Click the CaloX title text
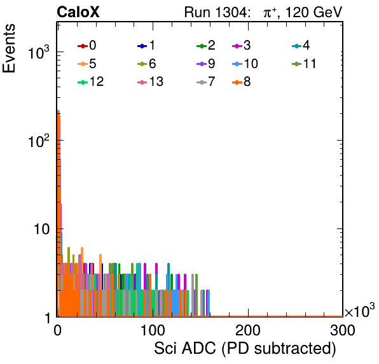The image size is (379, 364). tap(78, 12)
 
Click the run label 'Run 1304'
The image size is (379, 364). tap(216, 12)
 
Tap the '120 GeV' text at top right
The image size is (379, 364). tap(314, 12)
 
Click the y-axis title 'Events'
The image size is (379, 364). tap(9, 48)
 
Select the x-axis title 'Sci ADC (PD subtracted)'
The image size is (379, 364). tap(245, 349)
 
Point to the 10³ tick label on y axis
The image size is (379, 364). tap(38, 52)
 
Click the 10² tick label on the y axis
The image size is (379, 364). tap(38, 141)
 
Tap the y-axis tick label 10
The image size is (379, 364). tap(41, 229)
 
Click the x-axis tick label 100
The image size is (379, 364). tap(153, 330)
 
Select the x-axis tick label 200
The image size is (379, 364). tap(248, 330)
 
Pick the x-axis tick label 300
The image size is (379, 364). tap(343, 330)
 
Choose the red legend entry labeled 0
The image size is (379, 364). tap(86, 45)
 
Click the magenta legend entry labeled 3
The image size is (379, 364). tap(242, 45)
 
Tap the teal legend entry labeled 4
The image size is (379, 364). tap(301, 45)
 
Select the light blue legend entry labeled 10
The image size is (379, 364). tap(245, 64)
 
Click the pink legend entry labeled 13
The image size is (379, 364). tap(150, 82)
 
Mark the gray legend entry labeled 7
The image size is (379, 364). tap(206, 82)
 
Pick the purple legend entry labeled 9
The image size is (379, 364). tap(206, 64)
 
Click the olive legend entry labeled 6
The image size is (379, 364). tap(146, 64)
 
